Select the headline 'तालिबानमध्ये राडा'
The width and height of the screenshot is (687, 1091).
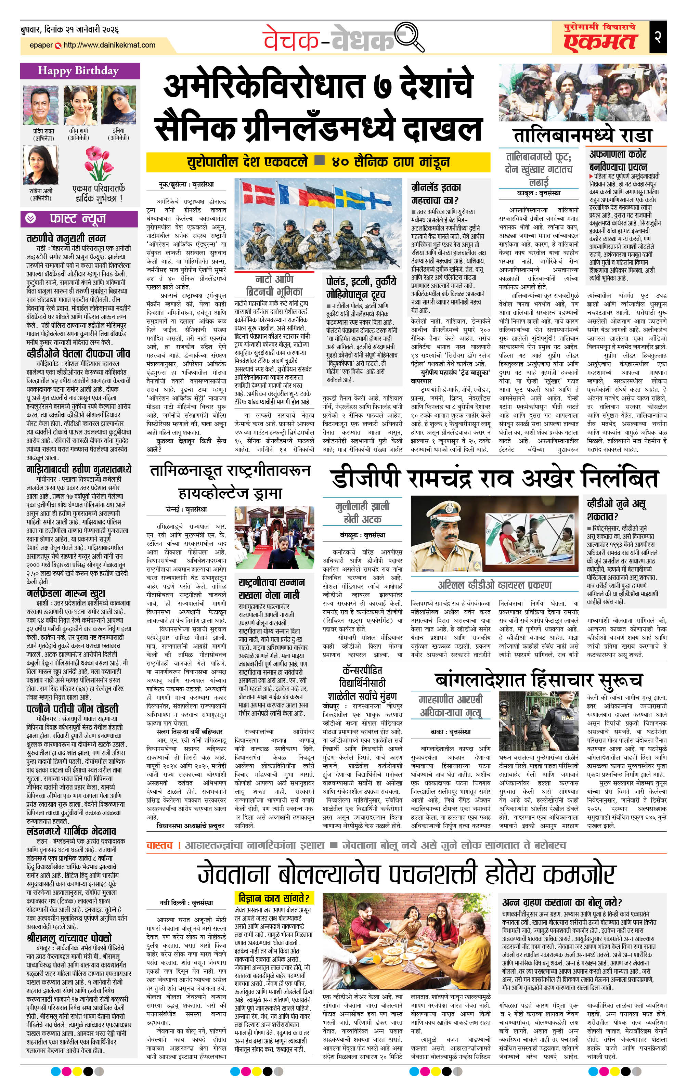pyautogui.click(x=583, y=135)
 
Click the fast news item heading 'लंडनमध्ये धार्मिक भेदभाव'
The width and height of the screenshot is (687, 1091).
pyautogui.click(x=72, y=831)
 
